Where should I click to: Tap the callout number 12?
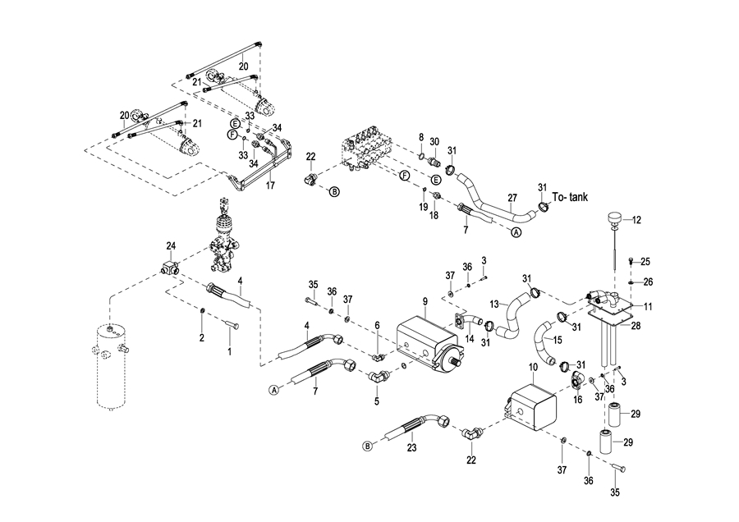click(x=638, y=219)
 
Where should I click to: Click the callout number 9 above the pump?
click(x=425, y=302)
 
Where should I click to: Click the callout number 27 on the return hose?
click(x=512, y=198)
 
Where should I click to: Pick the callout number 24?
click(x=171, y=245)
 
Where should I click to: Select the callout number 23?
click(x=412, y=447)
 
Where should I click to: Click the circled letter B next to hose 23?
click(x=368, y=446)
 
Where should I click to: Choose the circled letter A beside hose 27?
click(x=516, y=232)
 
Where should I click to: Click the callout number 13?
click(x=494, y=304)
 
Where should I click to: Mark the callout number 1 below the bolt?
click(x=229, y=351)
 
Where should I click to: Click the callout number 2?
click(x=201, y=337)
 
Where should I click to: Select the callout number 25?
click(x=645, y=262)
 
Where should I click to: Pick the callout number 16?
click(x=577, y=400)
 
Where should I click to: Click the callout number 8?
click(x=421, y=137)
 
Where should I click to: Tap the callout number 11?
click(x=648, y=306)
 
